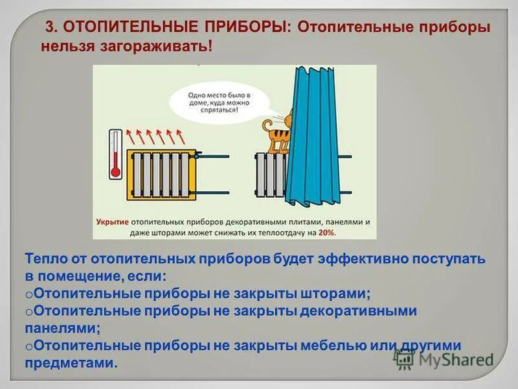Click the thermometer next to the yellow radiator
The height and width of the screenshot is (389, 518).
tap(116, 154)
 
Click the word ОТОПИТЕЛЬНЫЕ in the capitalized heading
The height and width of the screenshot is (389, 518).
tap(118, 29)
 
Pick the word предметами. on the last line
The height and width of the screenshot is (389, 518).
tap(72, 363)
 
